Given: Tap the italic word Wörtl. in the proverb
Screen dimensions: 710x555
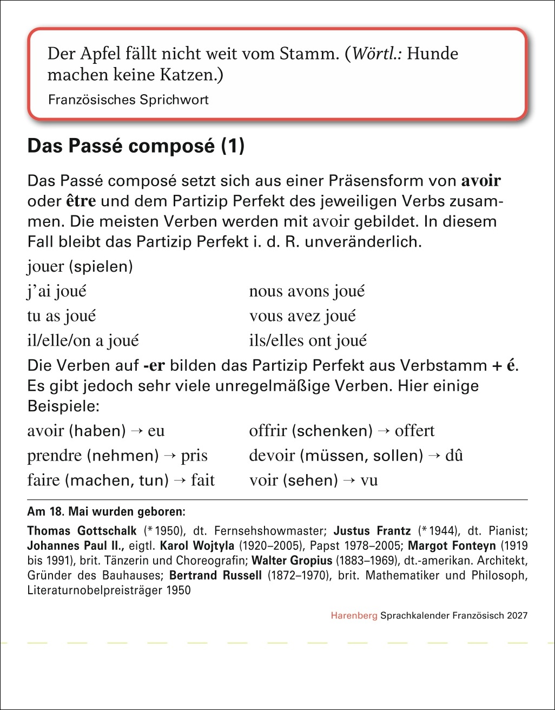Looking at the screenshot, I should (378, 54).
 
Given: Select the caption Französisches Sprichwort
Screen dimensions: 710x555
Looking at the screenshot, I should (128, 100).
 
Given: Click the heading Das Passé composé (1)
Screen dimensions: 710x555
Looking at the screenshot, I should (136, 147).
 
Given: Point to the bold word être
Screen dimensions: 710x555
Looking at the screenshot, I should (81, 201).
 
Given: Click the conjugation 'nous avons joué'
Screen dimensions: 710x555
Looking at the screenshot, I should (307, 291).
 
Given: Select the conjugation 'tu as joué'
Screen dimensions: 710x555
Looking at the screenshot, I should (61, 316).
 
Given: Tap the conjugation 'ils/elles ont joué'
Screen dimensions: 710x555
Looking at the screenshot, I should (308, 340).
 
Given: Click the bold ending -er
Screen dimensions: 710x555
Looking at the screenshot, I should (154, 366).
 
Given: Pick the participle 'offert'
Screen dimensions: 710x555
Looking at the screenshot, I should (414, 431).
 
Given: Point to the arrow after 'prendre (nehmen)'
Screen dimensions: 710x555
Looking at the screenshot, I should (170, 456).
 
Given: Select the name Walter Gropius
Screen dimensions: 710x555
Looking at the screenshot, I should (292, 560).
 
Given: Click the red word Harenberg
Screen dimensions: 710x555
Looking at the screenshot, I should (354, 615).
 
